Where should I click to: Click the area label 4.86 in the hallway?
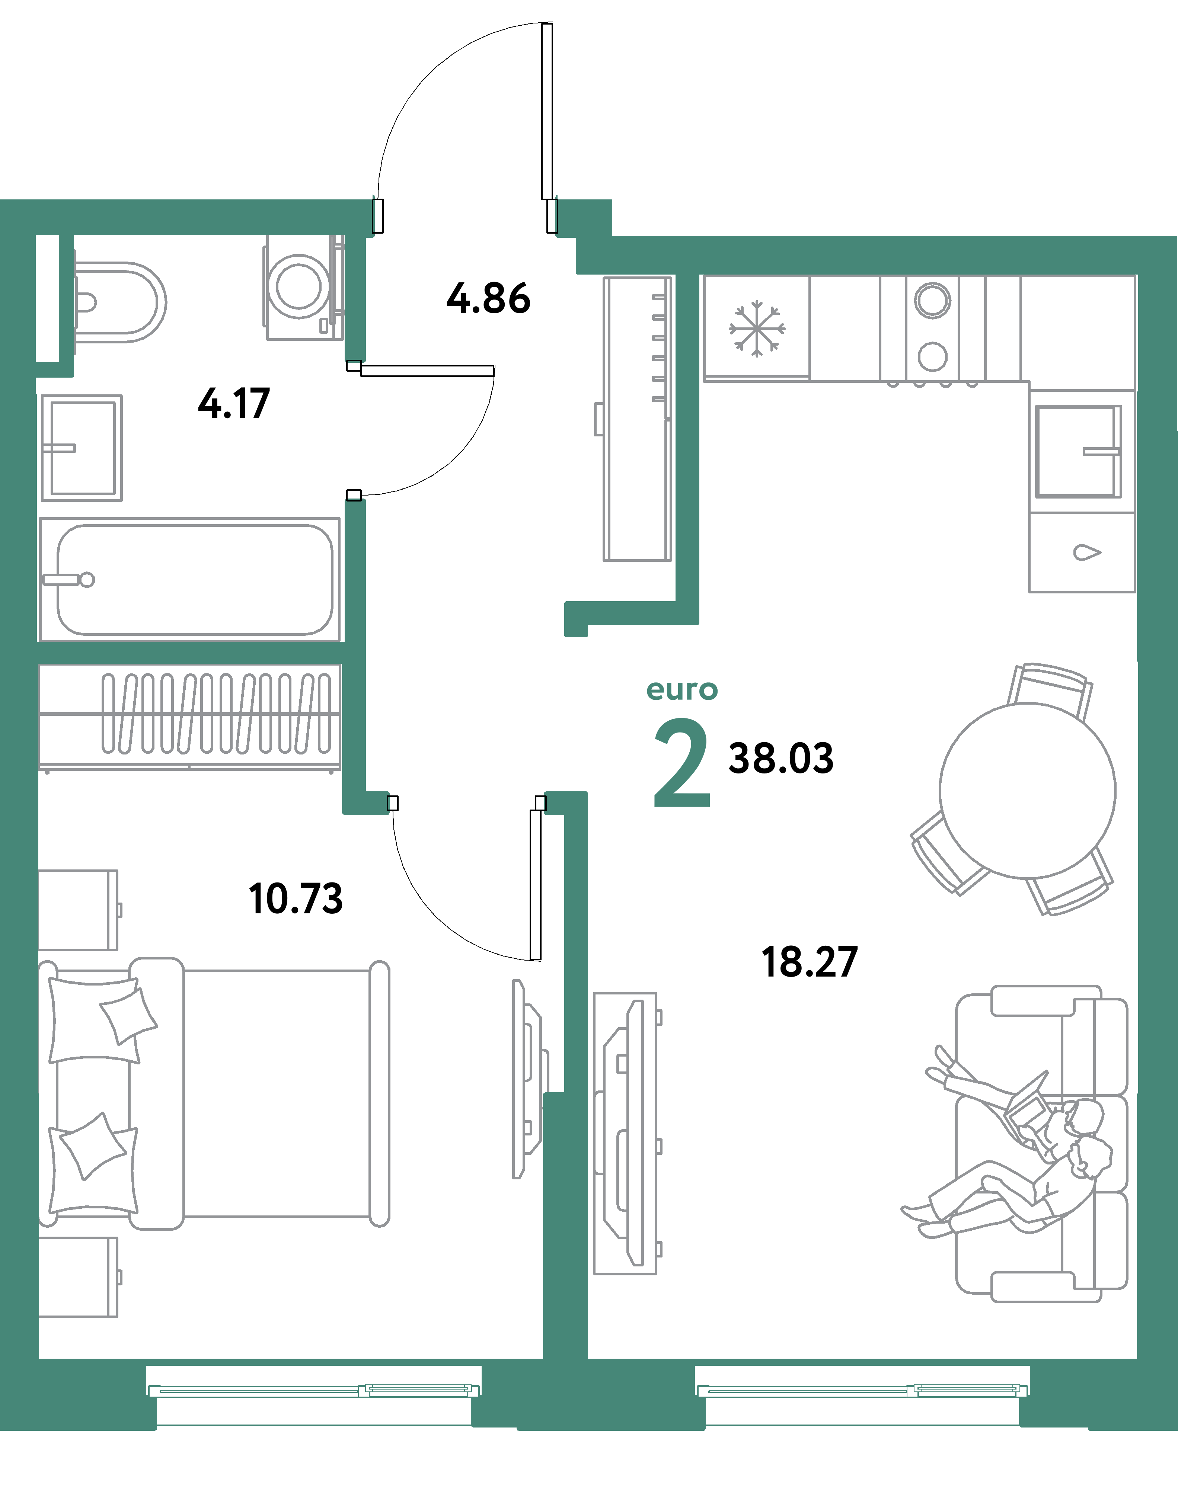(x=488, y=299)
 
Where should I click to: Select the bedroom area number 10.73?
(x=295, y=899)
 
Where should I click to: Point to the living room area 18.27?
(x=809, y=962)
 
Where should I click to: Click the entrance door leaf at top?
(x=547, y=110)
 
